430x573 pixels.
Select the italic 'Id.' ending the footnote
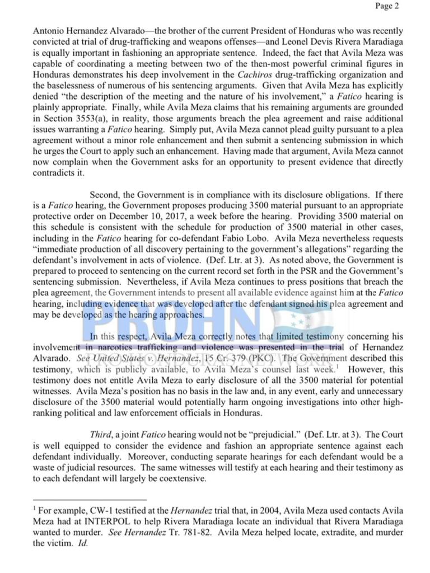[x=83, y=542]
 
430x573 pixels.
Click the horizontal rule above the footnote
[x=90, y=499]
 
